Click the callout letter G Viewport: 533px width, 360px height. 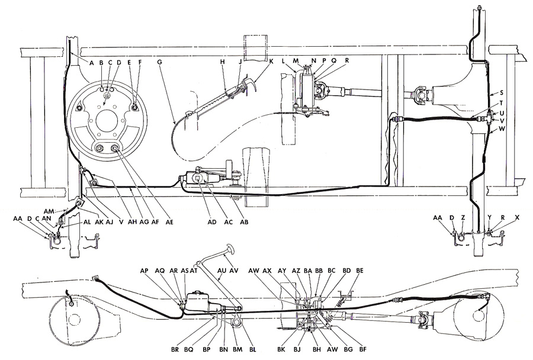click(x=159, y=62)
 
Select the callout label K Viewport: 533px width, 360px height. click(x=271, y=62)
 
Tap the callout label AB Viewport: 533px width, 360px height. click(x=244, y=222)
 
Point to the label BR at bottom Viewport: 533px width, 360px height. click(x=175, y=349)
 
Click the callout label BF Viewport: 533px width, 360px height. click(x=362, y=349)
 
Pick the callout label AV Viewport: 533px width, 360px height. click(x=234, y=271)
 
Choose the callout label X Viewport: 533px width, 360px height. click(x=518, y=217)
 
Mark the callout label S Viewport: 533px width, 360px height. click(x=502, y=92)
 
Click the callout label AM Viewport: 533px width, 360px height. click(x=49, y=211)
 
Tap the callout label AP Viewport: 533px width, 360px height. click(x=145, y=271)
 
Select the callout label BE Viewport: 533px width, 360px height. click(x=359, y=271)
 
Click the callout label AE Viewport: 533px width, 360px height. click(x=169, y=222)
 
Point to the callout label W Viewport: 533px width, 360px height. click(x=502, y=129)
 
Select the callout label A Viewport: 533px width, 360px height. click(x=91, y=62)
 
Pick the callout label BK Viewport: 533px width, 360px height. click(x=281, y=349)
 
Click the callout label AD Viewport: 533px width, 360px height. click(x=212, y=222)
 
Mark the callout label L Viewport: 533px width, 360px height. click(x=283, y=60)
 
